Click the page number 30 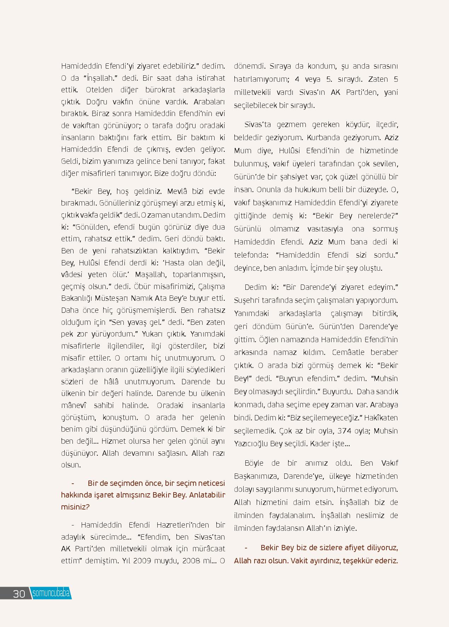19,593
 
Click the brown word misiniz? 75,507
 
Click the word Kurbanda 320,138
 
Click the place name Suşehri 246,300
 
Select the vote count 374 345,431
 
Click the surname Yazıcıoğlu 251,444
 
